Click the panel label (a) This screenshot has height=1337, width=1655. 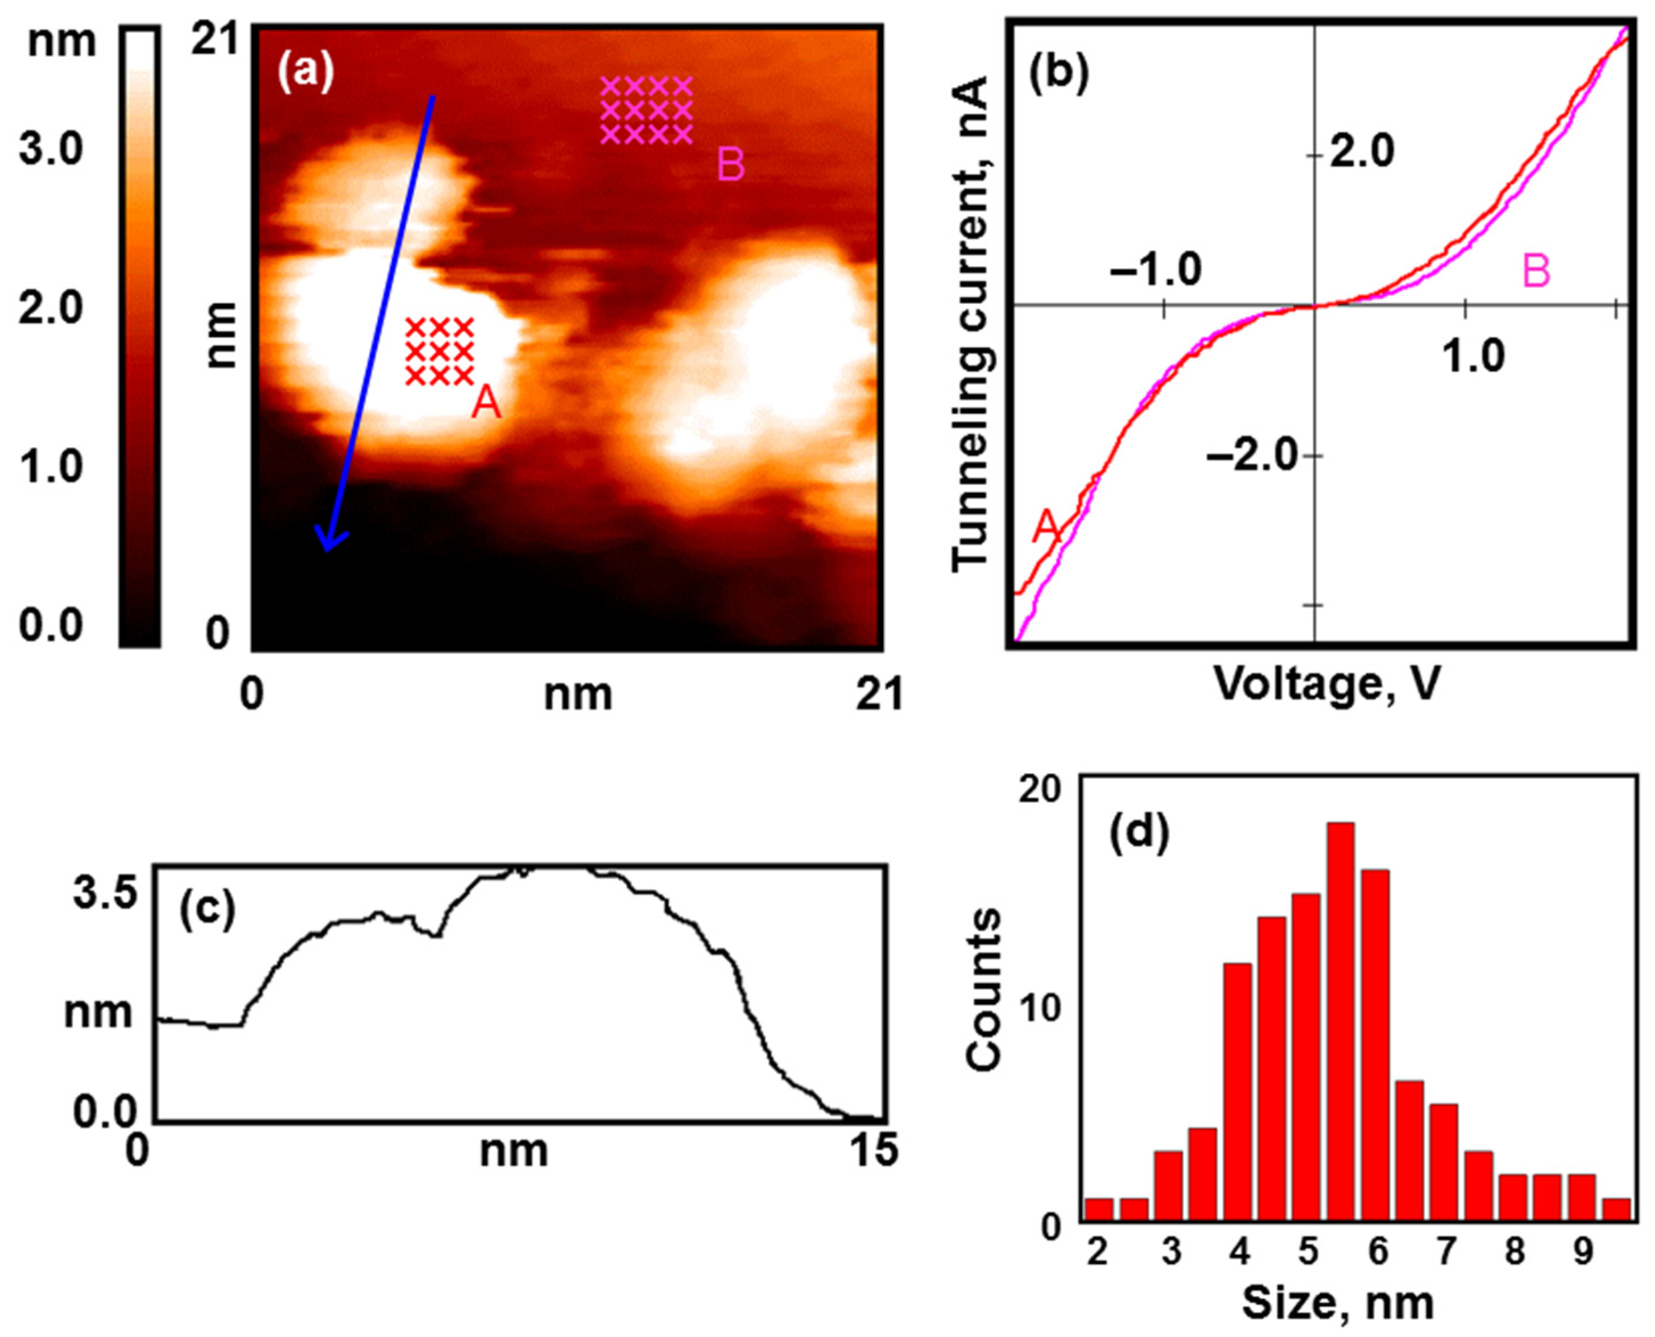coord(307,74)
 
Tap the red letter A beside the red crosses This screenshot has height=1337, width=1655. coord(486,402)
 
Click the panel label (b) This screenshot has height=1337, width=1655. coord(1058,74)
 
